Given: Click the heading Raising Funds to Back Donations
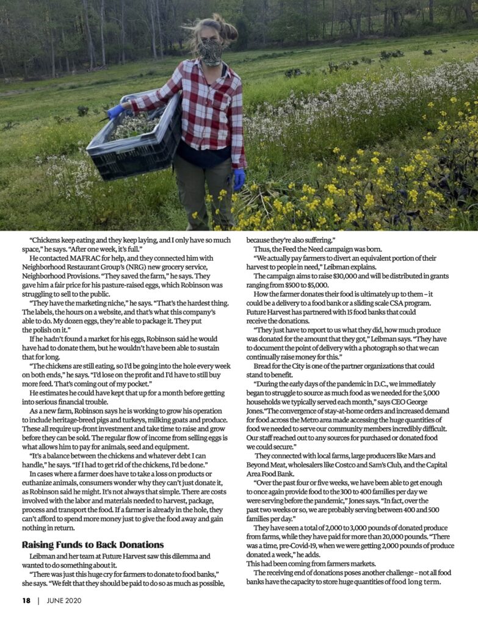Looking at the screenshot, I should (x=93, y=544).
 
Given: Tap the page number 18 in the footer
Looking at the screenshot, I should (x=26, y=601).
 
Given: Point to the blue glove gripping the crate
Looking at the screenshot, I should (x=115, y=111).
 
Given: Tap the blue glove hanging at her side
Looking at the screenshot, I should (x=239, y=178).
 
